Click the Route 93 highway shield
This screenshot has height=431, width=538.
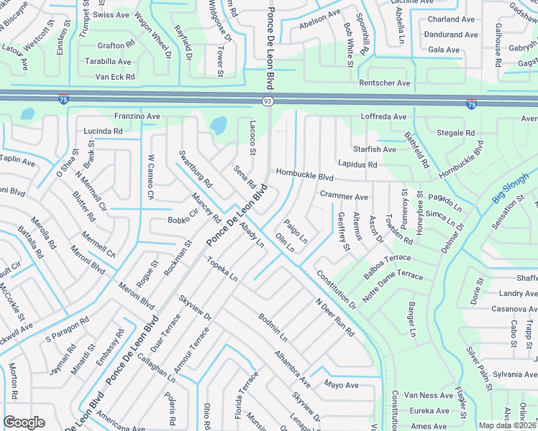click(x=267, y=103)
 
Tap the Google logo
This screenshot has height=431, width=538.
click(x=24, y=422)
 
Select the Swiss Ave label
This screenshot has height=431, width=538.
click(x=111, y=14)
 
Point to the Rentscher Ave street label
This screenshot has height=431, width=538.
click(x=385, y=83)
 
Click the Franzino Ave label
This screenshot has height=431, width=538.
click(x=137, y=116)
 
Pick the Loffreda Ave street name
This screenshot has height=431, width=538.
click(x=383, y=116)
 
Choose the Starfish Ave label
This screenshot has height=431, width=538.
click(x=375, y=149)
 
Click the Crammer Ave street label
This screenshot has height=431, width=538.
click(x=344, y=196)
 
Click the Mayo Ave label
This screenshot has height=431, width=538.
click(x=341, y=385)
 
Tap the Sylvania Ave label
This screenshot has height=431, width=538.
click(x=515, y=374)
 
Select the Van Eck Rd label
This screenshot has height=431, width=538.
click(x=115, y=77)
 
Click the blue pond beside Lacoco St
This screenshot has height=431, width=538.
click(x=217, y=126)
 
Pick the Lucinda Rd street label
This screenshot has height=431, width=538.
click(x=103, y=131)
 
